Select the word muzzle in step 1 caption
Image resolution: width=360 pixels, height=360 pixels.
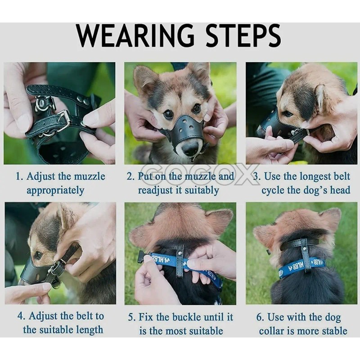(90, 177)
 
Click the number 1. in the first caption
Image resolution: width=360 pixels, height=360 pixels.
(19, 177)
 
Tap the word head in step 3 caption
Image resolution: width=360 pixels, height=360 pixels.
(340, 190)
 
